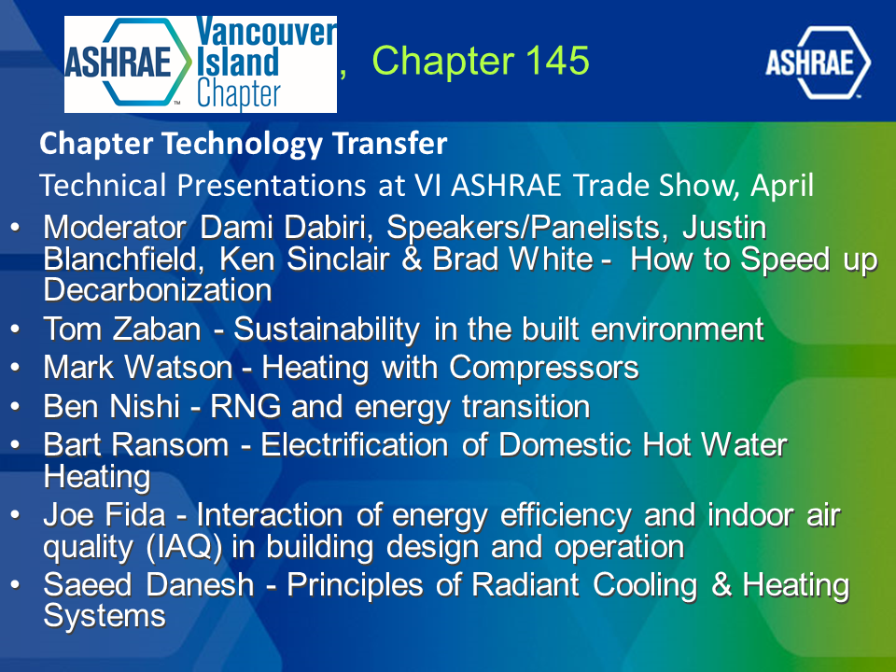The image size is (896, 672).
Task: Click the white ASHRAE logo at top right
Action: pos(818,63)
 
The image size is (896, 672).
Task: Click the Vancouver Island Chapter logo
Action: pos(201,64)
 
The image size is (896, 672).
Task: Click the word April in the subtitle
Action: pos(782,185)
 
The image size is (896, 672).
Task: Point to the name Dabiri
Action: pos(329,228)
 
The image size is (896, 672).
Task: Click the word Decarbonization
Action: pos(158,289)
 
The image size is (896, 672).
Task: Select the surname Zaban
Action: pos(157,329)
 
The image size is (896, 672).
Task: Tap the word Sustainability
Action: pos(327,329)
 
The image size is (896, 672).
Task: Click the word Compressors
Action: pos(543,368)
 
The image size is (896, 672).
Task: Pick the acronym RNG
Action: pos(245,407)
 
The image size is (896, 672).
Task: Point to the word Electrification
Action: pos(355,445)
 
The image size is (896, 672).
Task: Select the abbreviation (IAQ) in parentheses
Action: pos(184,547)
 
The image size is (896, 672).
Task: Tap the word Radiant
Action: pos(525,585)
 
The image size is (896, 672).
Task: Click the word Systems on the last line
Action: pos(105,617)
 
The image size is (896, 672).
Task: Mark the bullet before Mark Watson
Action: pos(16,368)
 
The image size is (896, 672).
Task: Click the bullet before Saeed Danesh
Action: pos(16,585)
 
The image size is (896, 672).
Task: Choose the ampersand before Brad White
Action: pos(411,259)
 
